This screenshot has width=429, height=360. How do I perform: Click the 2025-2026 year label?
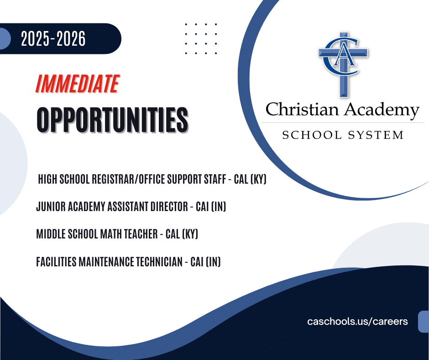53,39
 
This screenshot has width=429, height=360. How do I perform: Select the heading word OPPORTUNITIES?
112,120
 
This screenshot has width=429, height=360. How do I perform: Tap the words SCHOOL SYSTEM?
343,135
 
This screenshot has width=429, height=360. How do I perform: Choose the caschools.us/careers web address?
357,321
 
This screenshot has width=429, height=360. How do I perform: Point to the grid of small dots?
201,38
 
